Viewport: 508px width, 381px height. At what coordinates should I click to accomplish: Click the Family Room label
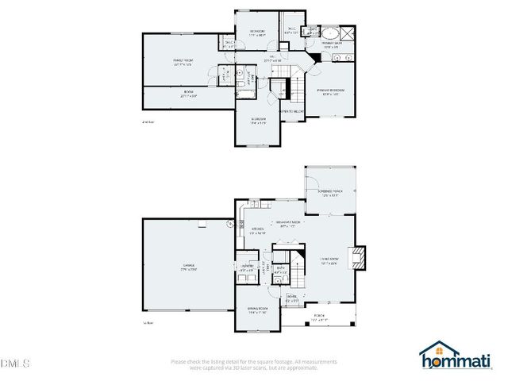pos(185,62)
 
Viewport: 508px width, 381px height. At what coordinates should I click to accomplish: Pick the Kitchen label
pos(257,231)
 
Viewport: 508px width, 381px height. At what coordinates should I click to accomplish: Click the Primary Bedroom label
pos(333,92)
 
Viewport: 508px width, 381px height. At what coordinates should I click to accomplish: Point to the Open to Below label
pos(291,112)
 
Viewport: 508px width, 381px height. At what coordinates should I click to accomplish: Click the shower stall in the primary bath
pos(347,33)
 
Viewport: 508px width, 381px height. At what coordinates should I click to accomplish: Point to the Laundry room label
pos(247,267)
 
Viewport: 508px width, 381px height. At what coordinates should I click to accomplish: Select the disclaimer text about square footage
pos(254,364)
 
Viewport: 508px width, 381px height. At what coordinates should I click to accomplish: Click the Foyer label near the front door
pos(292,299)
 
